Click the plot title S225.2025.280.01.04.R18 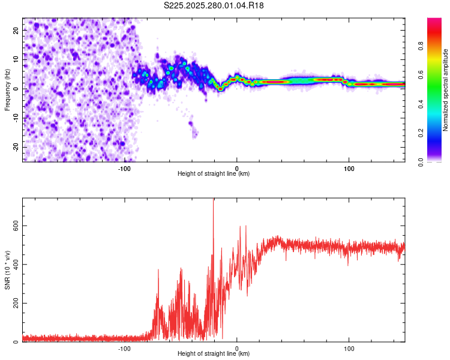214,5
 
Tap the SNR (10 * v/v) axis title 7,270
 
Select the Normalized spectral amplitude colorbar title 446,90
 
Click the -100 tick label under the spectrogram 124,168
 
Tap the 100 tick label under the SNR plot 349,348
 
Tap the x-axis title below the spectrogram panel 214,174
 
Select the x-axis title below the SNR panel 214,354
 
